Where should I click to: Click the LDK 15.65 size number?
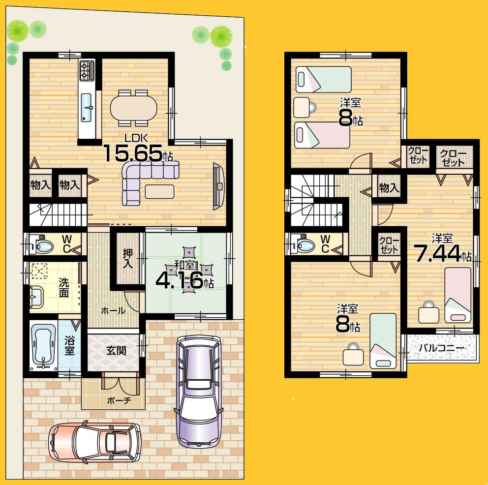pyautogui.click(x=132, y=153)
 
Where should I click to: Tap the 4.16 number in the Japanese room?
pyautogui.click(x=179, y=281)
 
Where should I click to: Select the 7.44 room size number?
pyautogui.click(x=436, y=254)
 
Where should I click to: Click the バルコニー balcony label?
pyautogui.click(x=441, y=348)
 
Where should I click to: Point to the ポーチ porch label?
pyautogui.click(x=119, y=400)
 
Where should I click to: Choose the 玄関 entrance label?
pyautogui.click(x=116, y=350)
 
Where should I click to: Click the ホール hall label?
pyautogui.click(x=113, y=311)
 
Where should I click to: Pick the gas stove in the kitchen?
pyautogui.click(x=87, y=70)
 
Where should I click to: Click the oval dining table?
pyautogui.click(x=133, y=107)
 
